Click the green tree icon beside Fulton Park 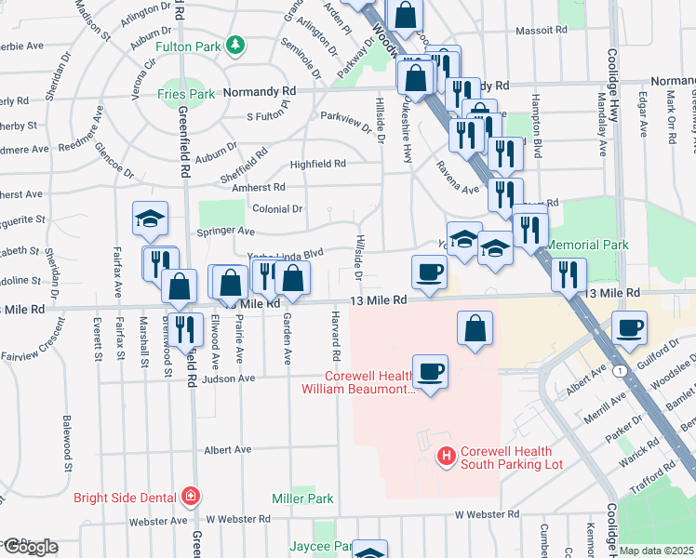pos(236,44)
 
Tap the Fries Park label pos(185,93)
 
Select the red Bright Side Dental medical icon pos(191,496)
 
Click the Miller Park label pos(302,499)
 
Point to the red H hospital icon pos(447,456)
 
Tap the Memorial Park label pos(588,245)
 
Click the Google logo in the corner pos(30,547)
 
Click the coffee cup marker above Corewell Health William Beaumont pos(430,371)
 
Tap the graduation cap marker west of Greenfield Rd pos(150,219)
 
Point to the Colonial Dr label pos(277,209)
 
